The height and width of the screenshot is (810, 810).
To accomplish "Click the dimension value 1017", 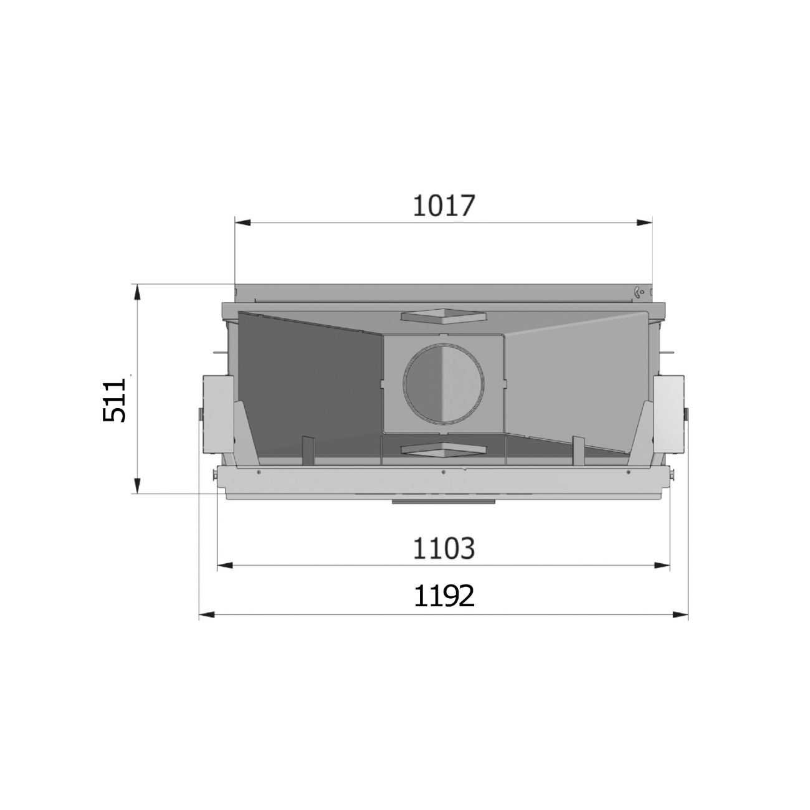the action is point(444,206).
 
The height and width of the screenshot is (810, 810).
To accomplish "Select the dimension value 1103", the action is point(444,548).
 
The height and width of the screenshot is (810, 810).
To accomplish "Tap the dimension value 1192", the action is point(444,596).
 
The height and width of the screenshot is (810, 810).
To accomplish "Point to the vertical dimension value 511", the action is point(114,400).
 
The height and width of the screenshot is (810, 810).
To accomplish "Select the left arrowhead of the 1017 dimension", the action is point(243,223).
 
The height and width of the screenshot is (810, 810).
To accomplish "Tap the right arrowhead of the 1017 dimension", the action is point(644,223).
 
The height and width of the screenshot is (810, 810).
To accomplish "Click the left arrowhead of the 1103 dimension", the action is point(225,566).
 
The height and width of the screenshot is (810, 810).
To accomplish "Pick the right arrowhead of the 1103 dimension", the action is point(662,566).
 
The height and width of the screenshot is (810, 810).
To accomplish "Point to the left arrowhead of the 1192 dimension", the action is point(207,615).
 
